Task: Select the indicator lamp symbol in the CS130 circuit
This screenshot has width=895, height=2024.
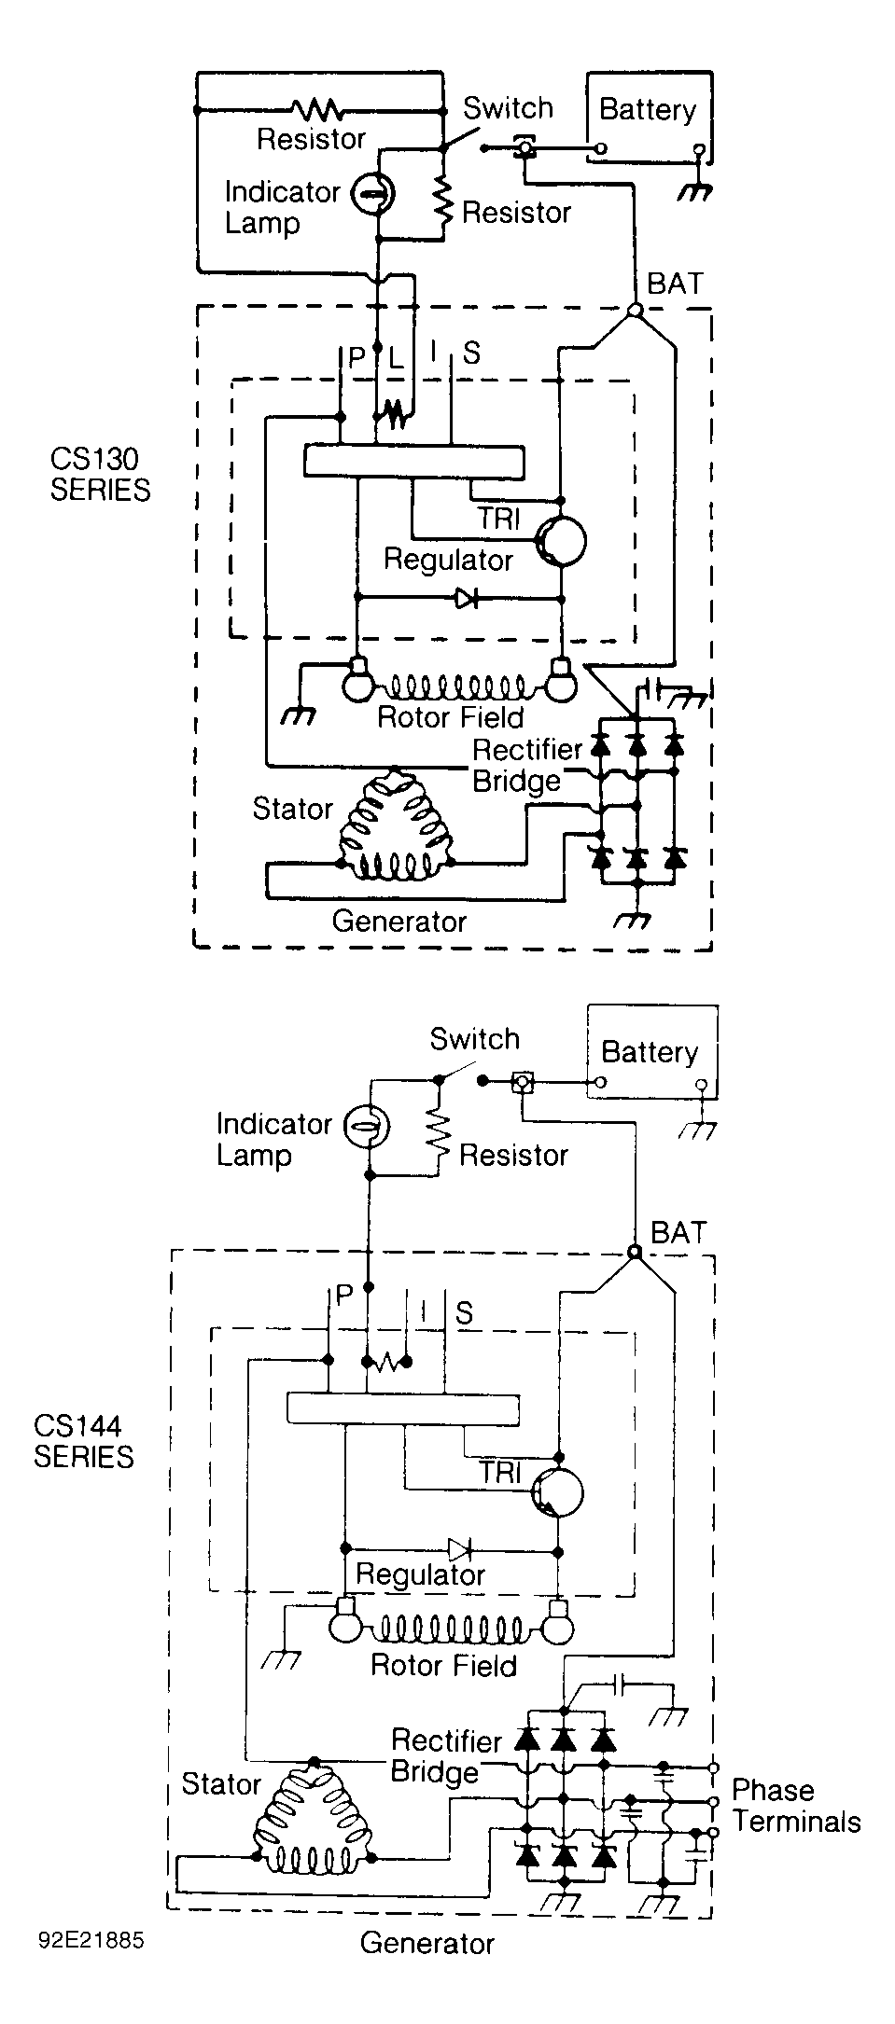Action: pos(372,194)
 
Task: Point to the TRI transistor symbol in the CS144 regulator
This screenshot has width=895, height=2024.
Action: pos(557,1492)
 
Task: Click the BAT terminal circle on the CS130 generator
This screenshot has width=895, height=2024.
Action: pos(635,311)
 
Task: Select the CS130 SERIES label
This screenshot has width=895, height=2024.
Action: pos(100,474)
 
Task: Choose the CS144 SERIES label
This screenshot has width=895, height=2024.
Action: pos(84,1441)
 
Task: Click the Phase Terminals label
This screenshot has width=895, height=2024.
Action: pos(796,1806)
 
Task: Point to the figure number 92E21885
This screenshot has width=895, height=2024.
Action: pos(91,1940)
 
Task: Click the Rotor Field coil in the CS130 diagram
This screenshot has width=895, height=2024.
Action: pos(456,687)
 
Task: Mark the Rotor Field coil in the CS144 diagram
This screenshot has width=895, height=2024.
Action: pos(451,1629)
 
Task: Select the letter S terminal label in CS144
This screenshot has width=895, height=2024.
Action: pos(464,1313)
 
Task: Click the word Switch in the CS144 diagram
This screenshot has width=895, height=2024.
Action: pos(474,1039)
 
